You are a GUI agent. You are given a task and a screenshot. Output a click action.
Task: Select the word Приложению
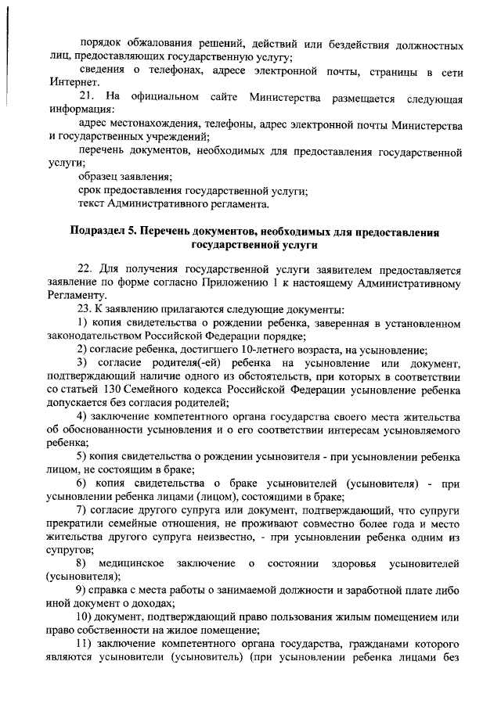coord(243,282)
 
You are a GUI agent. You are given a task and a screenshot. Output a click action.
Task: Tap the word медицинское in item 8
coord(131,565)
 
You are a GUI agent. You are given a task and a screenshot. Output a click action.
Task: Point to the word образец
coord(99,178)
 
